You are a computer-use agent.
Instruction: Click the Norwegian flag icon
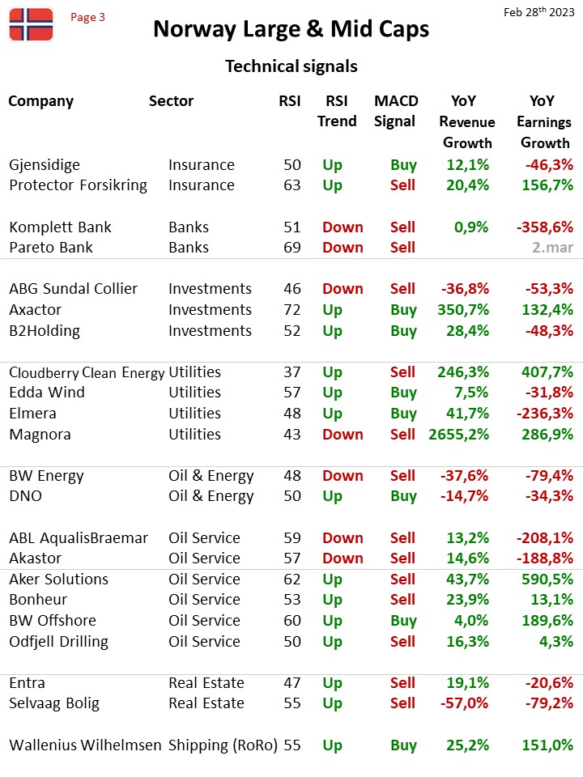click(x=31, y=24)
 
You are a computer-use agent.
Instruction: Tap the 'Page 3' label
click(x=87, y=17)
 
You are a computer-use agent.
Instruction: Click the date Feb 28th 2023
click(x=539, y=12)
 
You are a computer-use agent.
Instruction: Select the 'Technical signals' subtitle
click(x=291, y=66)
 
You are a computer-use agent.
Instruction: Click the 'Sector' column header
click(x=171, y=101)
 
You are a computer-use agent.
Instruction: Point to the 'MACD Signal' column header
click(x=396, y=111)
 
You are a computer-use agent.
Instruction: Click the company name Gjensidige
click(x=45, y=165)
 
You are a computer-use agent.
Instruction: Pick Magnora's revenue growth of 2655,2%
click(x=458, y=435)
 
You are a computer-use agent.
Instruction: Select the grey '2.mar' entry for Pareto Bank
click(x=553, y=248)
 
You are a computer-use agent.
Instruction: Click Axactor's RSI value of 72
click(x=292, y=310)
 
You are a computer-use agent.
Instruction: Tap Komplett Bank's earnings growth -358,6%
click(x=545, y=227)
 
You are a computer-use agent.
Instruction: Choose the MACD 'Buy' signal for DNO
click(x=403, y=496)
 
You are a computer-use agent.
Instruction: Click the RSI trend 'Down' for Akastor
click(x=343, y=558)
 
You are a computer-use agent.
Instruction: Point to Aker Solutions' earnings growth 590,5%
click(x=547, y=580)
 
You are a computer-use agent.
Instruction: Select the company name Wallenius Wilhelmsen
click(x=85, y=745)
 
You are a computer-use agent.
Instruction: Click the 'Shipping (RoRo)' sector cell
click(x=223, y=745)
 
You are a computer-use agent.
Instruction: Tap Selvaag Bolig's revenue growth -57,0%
click(x=465, y=703)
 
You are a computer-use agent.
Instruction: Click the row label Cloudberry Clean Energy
click(x=87, y=372)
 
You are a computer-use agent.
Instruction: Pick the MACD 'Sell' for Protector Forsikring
click(x=402, y=185)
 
